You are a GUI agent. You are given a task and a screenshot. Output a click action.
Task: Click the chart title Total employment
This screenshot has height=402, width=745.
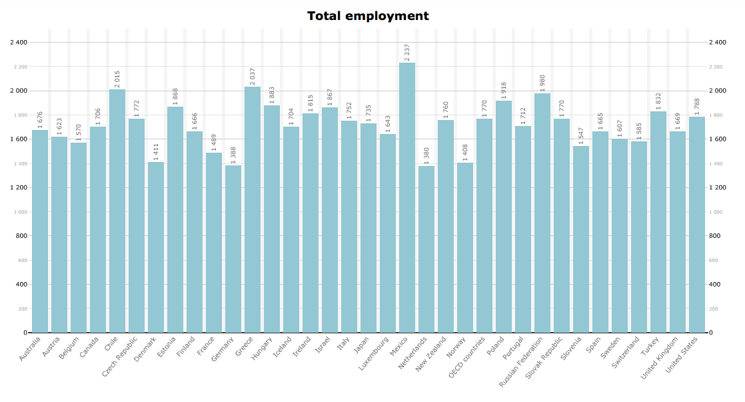pyautogui.click(x=368, y=16)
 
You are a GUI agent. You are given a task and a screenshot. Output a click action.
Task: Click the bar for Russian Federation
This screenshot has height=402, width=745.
pyautogui.click(x=542, y=213)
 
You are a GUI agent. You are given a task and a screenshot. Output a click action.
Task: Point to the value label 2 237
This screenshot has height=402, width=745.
pyautogui.click(x=407, y=51)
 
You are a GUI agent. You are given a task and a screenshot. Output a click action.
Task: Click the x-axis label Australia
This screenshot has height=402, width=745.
pyautogui.click(x=30, y=349)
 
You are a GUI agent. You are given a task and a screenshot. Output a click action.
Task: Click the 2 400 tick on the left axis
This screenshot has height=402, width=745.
pyautogui.click(x=19, y=43)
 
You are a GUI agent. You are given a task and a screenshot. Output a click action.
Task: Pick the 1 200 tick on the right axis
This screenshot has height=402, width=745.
pyautogui.click(x=720, y=188)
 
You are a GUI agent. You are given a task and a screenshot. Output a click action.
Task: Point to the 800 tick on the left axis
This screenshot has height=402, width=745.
pyautogui.click(x=21, y=236)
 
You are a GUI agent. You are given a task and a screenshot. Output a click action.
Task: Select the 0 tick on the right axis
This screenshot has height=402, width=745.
pyautogui.click(x=713, y=333)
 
